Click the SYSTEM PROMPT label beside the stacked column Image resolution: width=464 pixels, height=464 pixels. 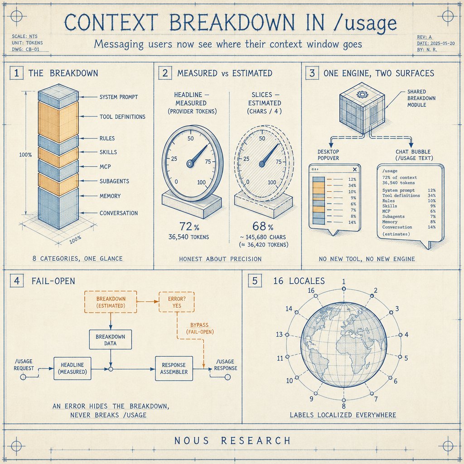tap(119, 97)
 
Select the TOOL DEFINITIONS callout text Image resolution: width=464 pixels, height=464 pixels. tap(122, 117)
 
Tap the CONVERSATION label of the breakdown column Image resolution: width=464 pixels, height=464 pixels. tap(119, 213)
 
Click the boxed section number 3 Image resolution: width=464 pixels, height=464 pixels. tap(312, 73)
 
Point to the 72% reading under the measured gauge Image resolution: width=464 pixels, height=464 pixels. tap(189, 227)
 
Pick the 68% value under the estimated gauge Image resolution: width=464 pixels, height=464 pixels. tap(263, 227)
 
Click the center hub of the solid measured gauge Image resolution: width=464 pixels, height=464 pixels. tap(190, 163)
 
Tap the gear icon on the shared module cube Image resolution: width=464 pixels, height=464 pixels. tap(361, 94)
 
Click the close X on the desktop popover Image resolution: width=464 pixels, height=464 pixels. tap(355, 169)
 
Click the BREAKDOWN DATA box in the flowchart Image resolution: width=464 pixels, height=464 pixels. tap(111, 340)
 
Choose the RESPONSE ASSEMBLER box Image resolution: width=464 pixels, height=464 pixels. tap(174, 368)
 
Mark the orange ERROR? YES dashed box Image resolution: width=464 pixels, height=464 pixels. tap(177, 302)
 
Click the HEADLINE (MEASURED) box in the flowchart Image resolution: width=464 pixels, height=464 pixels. tap(72, 368)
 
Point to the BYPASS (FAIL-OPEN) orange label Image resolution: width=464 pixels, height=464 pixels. tap(200, 329)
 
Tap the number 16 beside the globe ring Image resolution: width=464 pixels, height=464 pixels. tap(311, 290)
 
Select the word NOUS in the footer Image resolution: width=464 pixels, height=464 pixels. tap(192, 440)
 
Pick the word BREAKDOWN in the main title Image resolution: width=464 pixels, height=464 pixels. tap(232, 23)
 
